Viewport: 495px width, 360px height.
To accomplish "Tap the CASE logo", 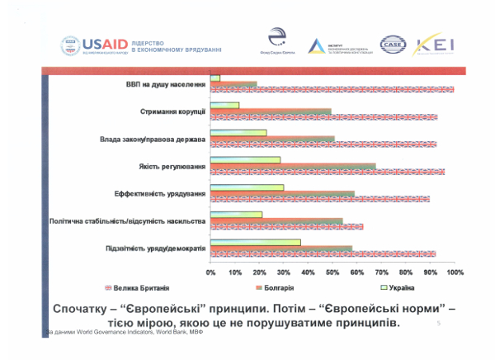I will [x=393, y=44].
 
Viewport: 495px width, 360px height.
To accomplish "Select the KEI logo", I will [x=439, y=44].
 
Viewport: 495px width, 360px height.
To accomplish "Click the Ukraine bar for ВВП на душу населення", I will [x=215, y=78].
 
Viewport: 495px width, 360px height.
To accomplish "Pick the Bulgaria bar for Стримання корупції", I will [x=271, y=111].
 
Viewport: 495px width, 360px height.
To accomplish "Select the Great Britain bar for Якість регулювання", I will [x=328, y=172].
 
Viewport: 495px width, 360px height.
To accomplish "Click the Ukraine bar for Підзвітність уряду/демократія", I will [x=256, y=242].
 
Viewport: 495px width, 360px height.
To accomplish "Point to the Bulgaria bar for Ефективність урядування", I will [x=282, y=194].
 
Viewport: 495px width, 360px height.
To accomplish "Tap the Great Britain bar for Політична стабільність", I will [x=286, y=226].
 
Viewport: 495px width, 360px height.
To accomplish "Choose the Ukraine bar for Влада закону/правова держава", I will [x=238, y=132].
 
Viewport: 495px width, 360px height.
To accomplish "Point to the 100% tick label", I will [x=454, y=272].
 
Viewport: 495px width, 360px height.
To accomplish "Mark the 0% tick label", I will [x=211, y=272].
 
